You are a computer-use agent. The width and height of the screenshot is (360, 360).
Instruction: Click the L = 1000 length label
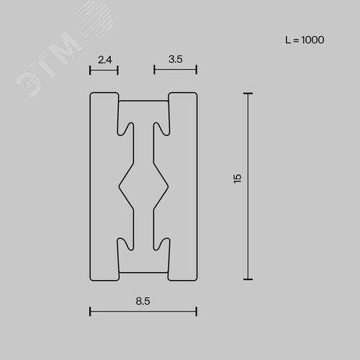coord(305,40)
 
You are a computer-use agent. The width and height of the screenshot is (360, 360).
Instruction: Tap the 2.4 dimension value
coord(105,60)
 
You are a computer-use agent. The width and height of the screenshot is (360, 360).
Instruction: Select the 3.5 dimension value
coord(176,59)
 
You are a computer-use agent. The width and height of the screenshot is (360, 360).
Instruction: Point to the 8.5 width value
coord(143,301)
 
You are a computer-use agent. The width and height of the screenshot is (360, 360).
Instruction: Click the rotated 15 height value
coord(237,179)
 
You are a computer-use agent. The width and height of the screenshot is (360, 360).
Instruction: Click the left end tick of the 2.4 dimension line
coord(90,71)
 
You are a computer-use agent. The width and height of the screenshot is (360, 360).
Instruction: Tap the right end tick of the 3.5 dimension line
coord(197,70)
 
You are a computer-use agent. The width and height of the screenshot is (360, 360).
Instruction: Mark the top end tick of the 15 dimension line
coord(248,94)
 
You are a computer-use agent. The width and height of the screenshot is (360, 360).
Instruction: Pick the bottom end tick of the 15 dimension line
coord(248,279)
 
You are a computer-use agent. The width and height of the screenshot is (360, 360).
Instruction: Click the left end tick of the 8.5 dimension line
coord(90,312)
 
